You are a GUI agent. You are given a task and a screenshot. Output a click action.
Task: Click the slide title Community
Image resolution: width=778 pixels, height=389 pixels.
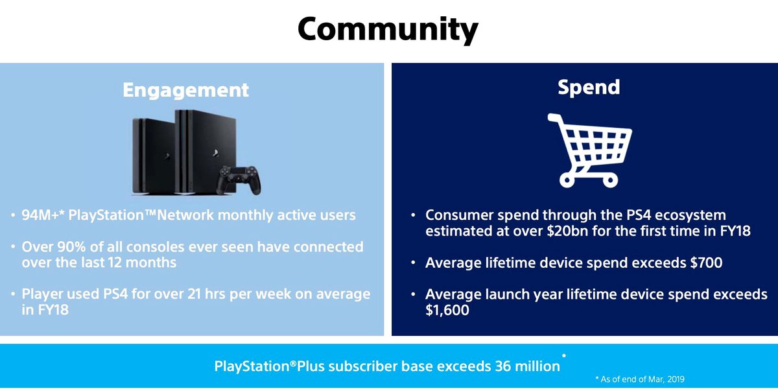pos(388,30)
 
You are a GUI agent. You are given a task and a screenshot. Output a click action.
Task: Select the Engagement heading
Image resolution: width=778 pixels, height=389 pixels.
pos(186,90)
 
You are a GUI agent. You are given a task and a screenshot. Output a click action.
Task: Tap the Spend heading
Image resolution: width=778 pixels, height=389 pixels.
pos(589,88)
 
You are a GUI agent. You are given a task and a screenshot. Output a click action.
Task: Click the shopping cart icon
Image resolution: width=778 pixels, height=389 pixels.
pos(589,150)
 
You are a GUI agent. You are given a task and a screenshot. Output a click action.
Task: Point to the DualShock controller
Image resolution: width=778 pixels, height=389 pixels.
pos(239,180)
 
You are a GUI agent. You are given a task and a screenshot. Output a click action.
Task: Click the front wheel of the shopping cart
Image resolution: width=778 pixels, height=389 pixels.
pos(610,181)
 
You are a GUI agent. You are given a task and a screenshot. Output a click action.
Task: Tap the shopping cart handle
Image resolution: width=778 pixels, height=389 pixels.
pos(555,118)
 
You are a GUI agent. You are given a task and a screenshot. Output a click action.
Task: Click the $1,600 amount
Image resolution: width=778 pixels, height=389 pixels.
pos(447,310)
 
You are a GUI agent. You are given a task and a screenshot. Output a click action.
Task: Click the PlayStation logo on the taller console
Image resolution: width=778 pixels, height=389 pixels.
pos(215,153)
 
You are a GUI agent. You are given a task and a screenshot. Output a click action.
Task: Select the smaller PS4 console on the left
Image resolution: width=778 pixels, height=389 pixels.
pos(154,156)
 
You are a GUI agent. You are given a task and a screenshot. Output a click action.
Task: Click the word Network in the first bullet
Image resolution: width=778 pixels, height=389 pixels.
pos(185,215)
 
